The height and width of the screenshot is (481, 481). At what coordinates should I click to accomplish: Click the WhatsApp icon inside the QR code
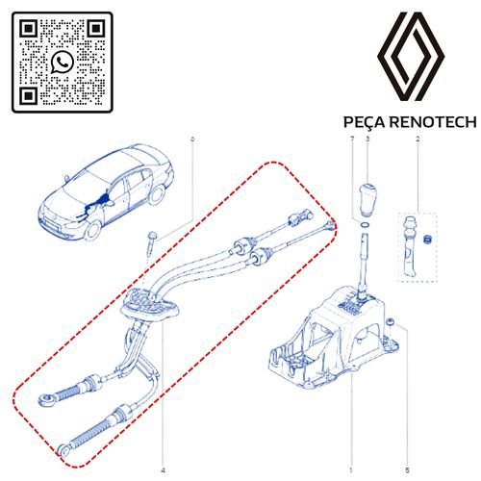point(63,62)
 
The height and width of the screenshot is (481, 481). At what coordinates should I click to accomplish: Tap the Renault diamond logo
point(411,57)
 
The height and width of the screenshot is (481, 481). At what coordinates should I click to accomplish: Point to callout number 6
point(192,139)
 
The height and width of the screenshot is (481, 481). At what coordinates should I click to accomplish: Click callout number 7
point(352,139)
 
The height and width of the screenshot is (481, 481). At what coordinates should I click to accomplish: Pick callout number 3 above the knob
point(367,139)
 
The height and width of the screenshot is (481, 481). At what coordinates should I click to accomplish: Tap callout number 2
point(418,139)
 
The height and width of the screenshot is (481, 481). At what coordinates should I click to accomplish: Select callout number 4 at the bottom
point(163,470)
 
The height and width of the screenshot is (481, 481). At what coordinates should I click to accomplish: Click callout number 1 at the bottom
point(351,470)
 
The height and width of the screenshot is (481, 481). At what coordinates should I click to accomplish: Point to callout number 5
point(407,470)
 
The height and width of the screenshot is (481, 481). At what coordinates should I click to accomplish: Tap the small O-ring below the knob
point(365,225)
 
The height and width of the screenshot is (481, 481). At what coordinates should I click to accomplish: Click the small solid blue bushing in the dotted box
point(426,240)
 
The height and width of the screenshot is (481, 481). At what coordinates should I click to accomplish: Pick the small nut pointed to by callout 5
point(390,321)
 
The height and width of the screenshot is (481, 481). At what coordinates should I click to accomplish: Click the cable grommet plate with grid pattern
point(149,304)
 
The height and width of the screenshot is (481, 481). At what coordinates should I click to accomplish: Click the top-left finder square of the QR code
point(29,29)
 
